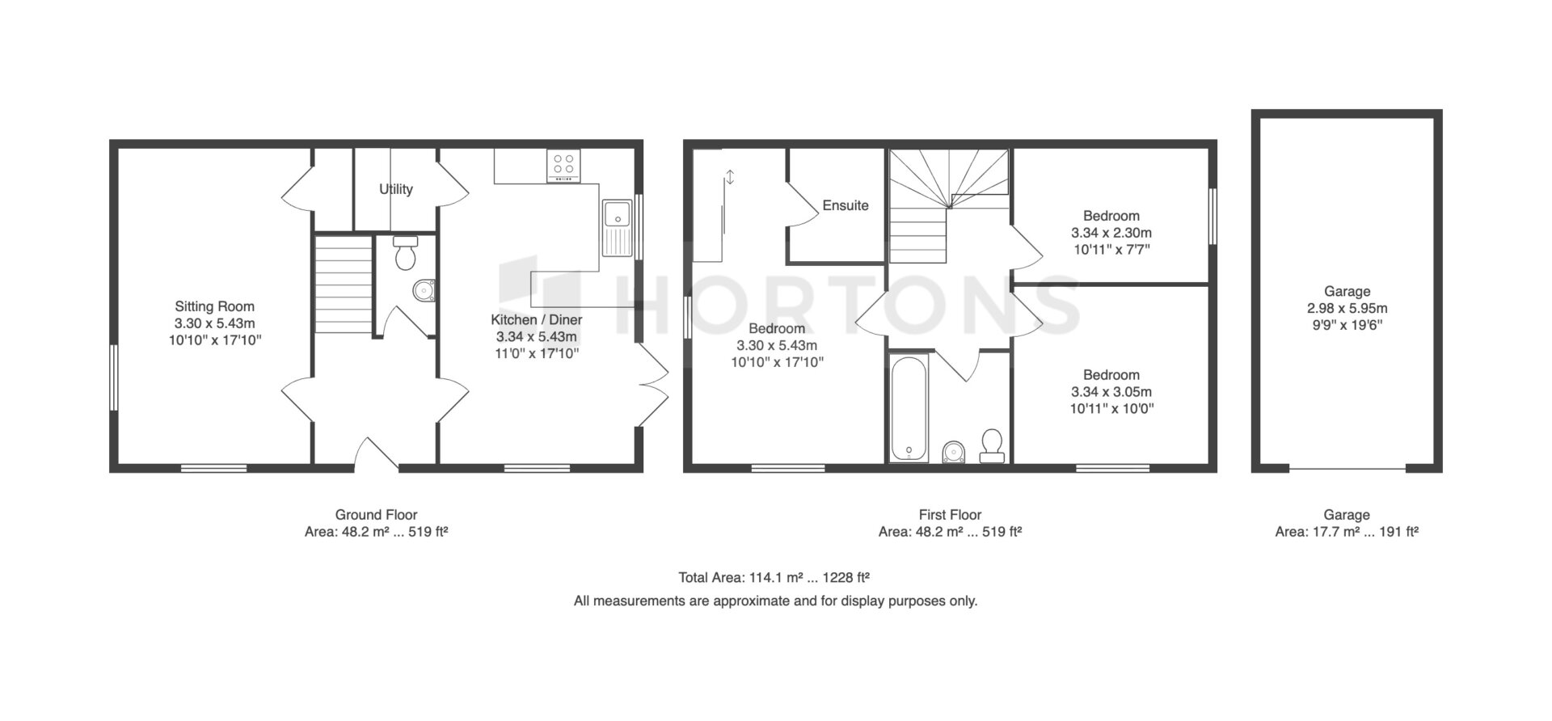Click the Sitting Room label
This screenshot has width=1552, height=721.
(x=215, y=306)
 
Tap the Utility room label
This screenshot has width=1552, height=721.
(x=396, y=189)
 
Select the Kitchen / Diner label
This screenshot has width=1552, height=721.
(x=537, y=319)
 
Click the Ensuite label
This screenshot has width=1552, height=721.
(x=846, y=205)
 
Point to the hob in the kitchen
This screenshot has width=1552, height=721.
(x=563, y=166)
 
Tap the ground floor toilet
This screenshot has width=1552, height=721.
(x=404, y=252)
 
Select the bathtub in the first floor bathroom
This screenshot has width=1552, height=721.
(x=909, y=408)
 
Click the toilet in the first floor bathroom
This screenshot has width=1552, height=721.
(x=992, y=446)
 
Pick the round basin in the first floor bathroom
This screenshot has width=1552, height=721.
(x=954, y=451)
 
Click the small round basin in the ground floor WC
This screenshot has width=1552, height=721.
(x=424, y=290)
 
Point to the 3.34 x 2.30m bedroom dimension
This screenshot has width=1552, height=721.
(x=1111, y=233)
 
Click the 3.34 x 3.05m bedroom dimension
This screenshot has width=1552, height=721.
(x=1111, y=392)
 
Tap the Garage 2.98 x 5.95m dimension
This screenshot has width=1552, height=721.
(x=1347, y=308)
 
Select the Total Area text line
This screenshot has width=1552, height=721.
(x=774, y=578)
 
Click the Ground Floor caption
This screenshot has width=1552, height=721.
(x=376, y=515)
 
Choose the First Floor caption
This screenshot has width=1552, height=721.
(x=950, y=515)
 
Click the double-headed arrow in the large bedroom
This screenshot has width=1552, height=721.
(x=730, y=177)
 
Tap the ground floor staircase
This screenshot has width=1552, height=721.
(x=343, y=285)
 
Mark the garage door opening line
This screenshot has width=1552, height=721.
(x=1347, y=469)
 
